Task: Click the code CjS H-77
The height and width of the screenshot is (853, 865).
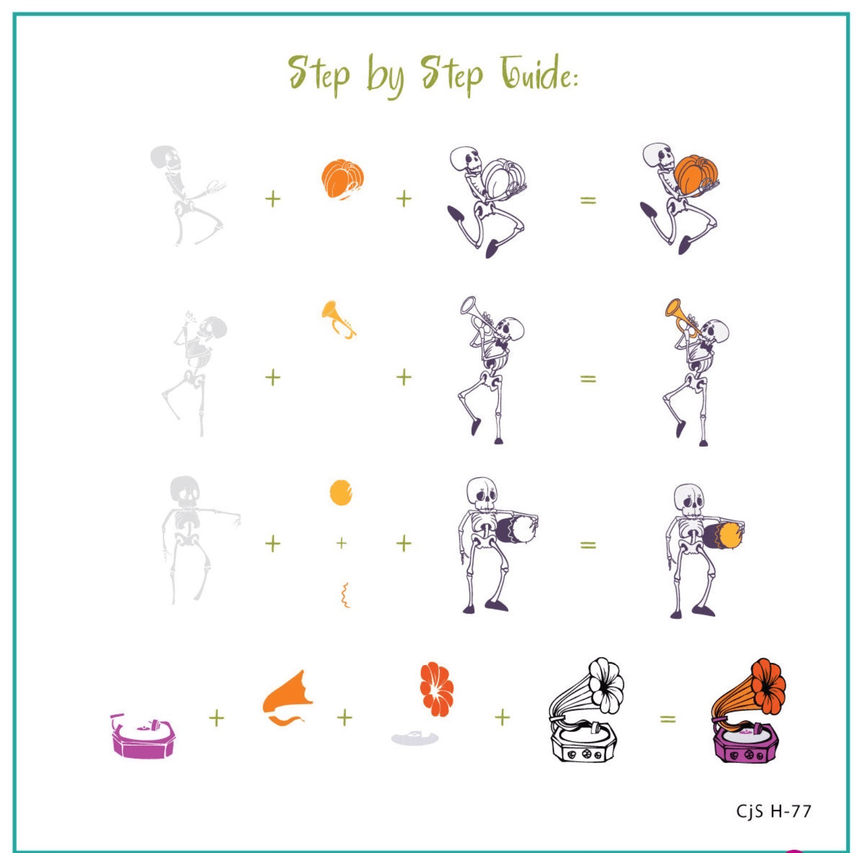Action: click(773, 811)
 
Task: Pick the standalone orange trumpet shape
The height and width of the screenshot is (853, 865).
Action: click(338, 319)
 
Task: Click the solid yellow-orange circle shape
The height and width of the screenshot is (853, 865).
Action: click(341, 493)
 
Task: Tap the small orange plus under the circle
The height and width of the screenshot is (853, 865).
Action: click(342, 543)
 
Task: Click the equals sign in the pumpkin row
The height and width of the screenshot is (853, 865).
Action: click(588, 200)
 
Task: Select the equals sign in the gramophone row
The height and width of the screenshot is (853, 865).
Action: click(667, 719)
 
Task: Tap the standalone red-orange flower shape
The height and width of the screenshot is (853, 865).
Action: click(437, 689)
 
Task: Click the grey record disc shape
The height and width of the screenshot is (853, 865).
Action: click(415, 738)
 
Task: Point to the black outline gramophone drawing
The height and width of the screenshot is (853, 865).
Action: click(586, 709)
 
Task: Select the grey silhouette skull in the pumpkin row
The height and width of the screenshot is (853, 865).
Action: click(165, 156)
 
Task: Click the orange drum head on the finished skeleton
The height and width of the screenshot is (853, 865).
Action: click(729, 535)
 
